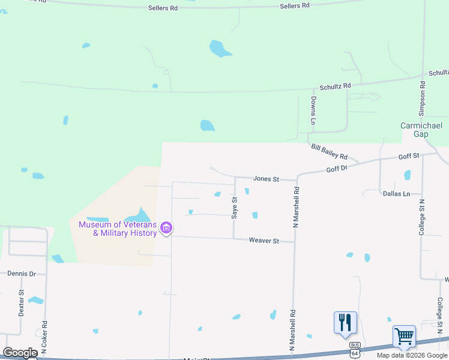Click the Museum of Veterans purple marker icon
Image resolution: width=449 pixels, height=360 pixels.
click(x=167, y=228)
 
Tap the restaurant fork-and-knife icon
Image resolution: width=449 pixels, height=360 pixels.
click(x=345, y=322)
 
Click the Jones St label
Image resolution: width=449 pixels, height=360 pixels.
click(x=267, y=179)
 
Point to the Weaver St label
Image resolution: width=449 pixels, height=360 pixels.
click(x=264, y=241)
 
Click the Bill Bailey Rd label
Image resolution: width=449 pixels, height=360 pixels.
click(x=329, y=151)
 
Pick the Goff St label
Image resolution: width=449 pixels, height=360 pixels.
click(x=408, y=156)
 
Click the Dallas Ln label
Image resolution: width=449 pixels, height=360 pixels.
click(x=396, y=194)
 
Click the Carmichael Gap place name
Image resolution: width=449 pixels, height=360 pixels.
click(x=421, y=130)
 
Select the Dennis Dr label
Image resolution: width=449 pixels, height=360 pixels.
click(x=22, y=274)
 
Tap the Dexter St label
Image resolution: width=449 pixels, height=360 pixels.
click(x=21, y=303)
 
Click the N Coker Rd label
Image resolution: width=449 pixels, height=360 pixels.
click(x=44, y=336)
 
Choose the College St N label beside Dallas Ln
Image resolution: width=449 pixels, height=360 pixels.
click(x=422, y=217)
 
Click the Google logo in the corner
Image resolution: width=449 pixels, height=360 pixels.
click(x=20, y=353)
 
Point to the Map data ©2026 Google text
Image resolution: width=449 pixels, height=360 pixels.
click(x=412, y=355)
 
